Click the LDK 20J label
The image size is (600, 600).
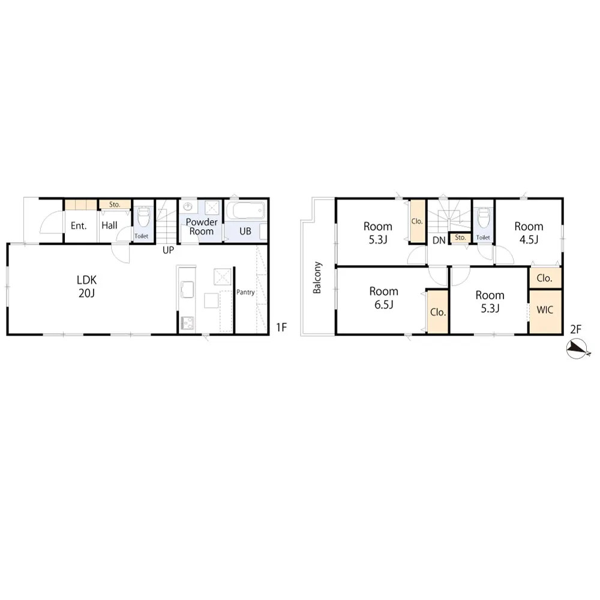click(x=87, y=286)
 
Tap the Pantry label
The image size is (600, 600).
click(x=245, y=292)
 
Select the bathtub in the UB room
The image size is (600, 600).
click(x=245, y=211)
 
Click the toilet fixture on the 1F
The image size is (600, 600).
click(x=143, y=217)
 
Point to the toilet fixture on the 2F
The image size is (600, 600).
click(x=484, y=218)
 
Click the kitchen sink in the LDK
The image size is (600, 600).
click(x=187, y=289)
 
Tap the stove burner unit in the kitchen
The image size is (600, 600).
click(x=187, y=323)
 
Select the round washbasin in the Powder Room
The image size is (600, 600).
click(x=187, y=206)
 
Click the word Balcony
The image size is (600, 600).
click(x=317, y=277)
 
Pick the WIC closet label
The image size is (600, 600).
click(x=545, y=310)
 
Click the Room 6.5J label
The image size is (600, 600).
click(x=384, y=298)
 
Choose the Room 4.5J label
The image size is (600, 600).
click(x=529, y=233)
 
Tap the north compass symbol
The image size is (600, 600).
click(x=577, y=349)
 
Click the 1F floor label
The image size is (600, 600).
click(x=281, y=327)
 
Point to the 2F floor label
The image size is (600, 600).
click(x=576, y=329)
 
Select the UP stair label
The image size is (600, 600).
click(x=169, y=250)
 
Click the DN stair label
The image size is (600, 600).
click(x=439, y=241)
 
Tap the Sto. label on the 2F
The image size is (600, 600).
click(x=460, y=238)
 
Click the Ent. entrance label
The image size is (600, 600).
click(x=79, y=226)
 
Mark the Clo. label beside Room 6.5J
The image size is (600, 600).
click(x=438, y=312)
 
